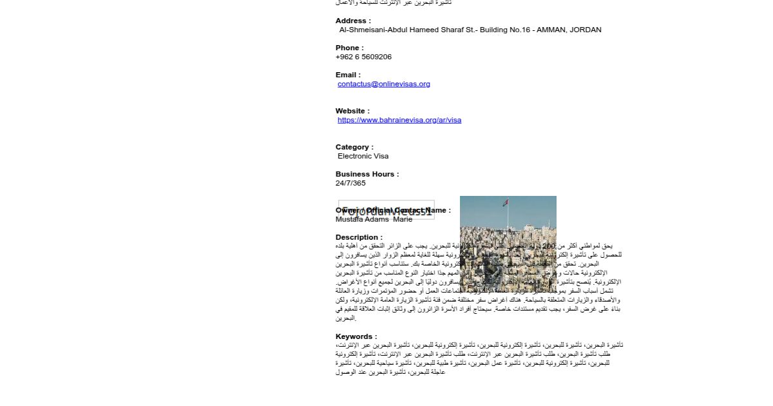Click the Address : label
[x=353, y=21]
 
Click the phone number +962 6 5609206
[x=363, y=57]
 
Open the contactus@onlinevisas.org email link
[x=384, y=84]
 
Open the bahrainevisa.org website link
[x=399, y=120]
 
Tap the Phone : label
[x=349, y=48]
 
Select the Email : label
[x=348, y=75]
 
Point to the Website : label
[x=352, y=111]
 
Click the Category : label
[x=354, y=147]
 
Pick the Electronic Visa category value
[x=363, y=156]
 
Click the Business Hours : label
[x=367, y=174]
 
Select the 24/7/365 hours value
[x=350, y=183]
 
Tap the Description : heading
[x=359, y=237]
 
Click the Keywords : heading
[x=356, y=336]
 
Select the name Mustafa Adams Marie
[x=374, y=219]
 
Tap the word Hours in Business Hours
[x=384, y=174]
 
